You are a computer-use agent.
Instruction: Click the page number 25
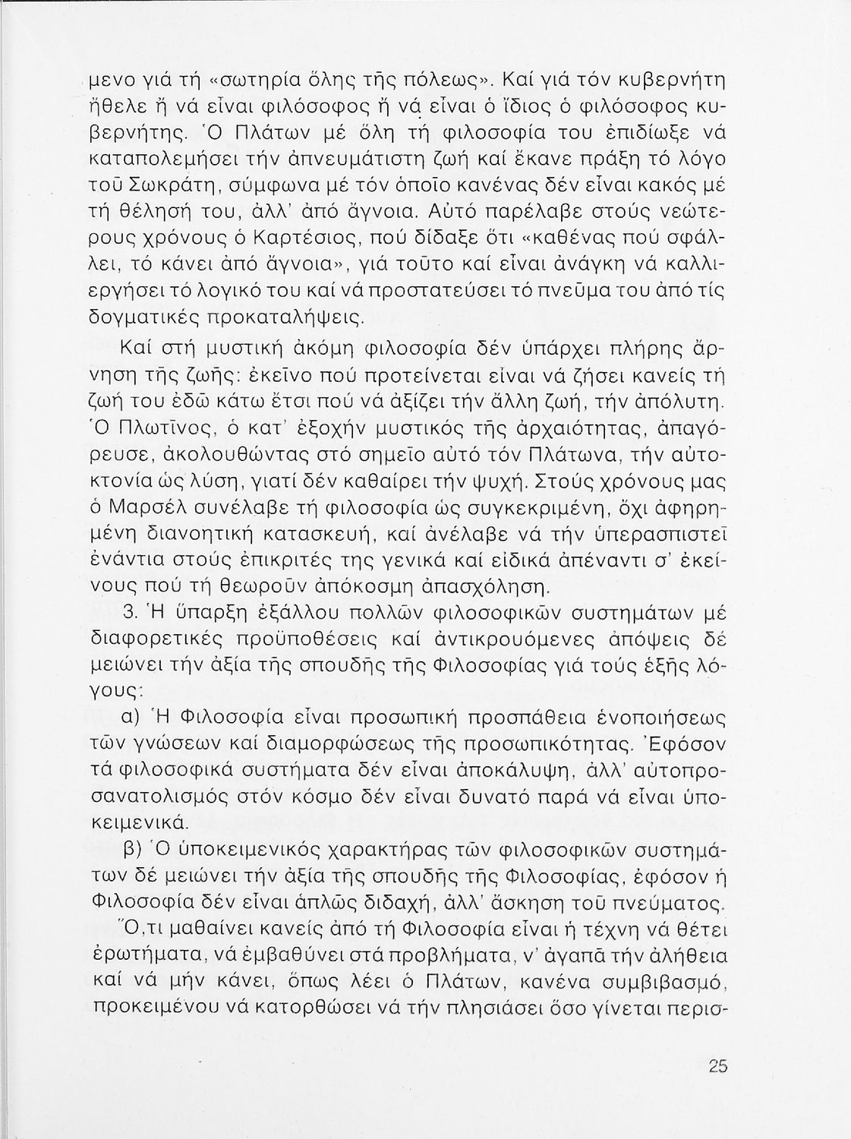[717, 1065]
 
